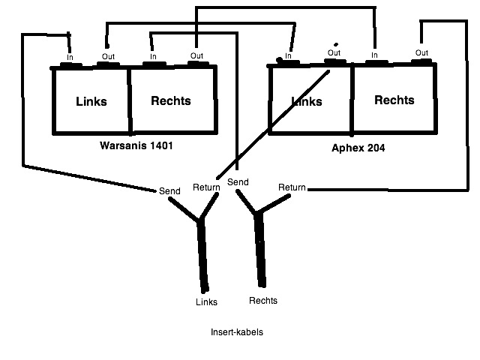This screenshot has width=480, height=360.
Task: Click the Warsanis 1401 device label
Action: (x=136, y=145)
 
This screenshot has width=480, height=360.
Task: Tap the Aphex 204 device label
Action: (x=358, y=148)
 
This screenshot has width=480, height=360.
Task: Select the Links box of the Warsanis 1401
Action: (x=91, y=101)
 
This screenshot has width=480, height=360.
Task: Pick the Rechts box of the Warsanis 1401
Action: (x=173, y=100)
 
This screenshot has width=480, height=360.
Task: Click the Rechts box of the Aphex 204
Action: (x=394, y=99)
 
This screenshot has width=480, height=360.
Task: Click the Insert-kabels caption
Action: (x=237, y=332)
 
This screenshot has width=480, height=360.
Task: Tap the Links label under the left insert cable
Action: (x=207, y=302)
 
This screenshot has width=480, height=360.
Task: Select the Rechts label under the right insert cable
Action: (x=263, y=301)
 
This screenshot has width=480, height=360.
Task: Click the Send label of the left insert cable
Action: (x=169, y=191)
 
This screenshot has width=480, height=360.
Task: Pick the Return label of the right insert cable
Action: (x=292, y=187)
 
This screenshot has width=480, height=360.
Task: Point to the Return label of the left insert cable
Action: (x=206, y=187)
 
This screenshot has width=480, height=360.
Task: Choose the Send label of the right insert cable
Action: (x=238, y=182)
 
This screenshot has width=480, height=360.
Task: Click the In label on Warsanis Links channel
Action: (x=70, y=57)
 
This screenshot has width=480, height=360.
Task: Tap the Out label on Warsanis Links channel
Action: (x=108, y=56)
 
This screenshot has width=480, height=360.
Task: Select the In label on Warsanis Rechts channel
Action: (x=153, y=57)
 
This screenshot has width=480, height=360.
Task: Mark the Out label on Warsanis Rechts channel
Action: (x=196, y=55)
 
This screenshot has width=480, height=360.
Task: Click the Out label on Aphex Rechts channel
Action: (x=421, y=52)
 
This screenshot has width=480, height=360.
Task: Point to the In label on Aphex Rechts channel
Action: (x=374, y=55)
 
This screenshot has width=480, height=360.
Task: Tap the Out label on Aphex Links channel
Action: (x=334, y=53)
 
